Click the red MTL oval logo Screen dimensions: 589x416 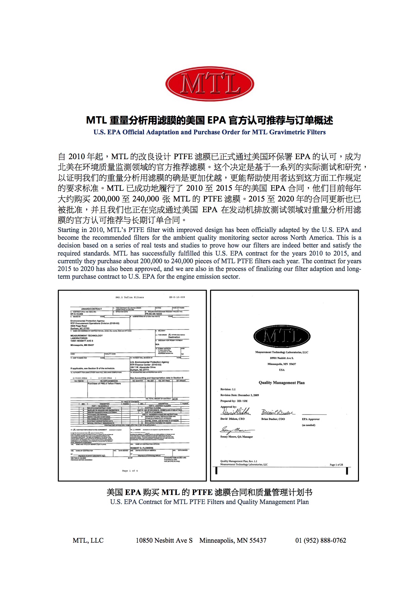(x=210, y=84)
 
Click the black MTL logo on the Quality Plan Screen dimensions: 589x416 (x=282, y=336)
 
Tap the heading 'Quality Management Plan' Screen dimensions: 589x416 (x=281, y=382)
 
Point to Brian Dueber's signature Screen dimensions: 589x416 (x=277, y=412)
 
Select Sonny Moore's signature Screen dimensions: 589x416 (x=237, y=430)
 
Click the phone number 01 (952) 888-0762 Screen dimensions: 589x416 (x=320, y=540)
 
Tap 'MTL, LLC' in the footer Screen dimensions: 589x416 (x=88, y=540)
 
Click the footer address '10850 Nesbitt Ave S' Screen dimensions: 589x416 (x=164, y=540)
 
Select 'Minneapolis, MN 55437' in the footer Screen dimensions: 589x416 (x=233, y=540)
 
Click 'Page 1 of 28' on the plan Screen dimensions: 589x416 (x=336, y=465)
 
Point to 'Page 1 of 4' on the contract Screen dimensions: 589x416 (x=130, y=471)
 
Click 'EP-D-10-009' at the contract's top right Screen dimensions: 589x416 (x=177, y=297)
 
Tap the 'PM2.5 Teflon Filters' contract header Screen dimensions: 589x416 (x=129, y=297)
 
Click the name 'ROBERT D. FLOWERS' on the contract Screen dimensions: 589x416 (x=142, y=448)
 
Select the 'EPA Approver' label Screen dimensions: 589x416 (x=311, y=419)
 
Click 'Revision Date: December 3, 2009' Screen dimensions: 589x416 (x=240, y=395)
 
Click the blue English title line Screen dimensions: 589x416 (x=210, y=132)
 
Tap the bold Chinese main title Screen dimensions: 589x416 (x=210, y=120)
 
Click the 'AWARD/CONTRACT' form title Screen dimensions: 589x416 (x=91, y=309)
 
